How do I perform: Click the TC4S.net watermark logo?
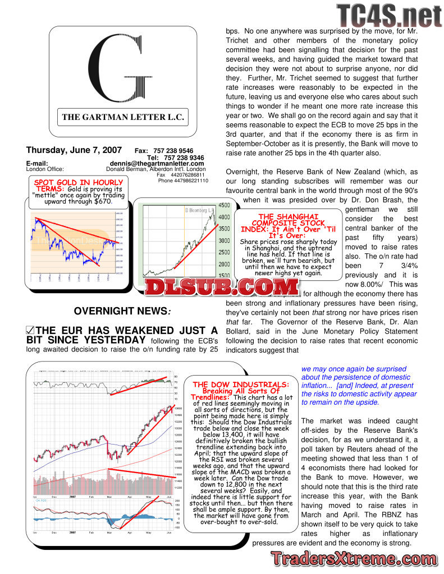(x=389, y=16)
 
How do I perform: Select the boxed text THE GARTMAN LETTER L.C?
(x=123, y=118)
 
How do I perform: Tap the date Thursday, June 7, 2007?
(x=74, y=150)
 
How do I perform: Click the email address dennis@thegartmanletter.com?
(x=157, y=164)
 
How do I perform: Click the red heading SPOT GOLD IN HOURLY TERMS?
(x=79, y=186)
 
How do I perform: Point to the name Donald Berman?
(x=126, y=169)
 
